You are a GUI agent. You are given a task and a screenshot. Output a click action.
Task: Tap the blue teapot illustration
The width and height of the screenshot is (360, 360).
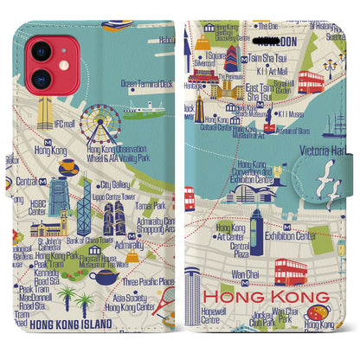(106, 278)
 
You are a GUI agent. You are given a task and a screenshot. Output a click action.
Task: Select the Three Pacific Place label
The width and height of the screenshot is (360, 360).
(149, 282)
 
